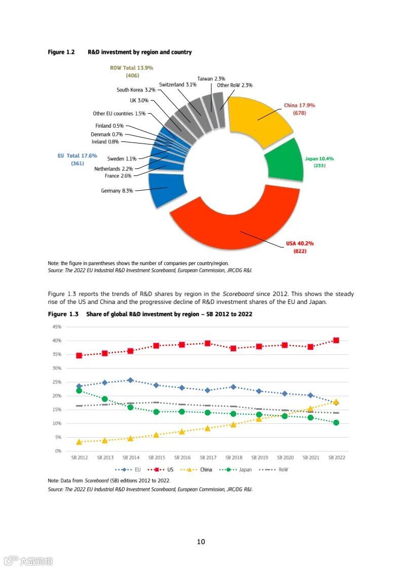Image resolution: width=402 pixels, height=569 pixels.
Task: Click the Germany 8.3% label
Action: [117, 191]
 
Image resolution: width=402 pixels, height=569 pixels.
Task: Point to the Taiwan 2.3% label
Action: [211, 79]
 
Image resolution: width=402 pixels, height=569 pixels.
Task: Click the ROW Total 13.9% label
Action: [131, 67]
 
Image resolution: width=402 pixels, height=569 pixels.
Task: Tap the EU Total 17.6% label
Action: [78, 156]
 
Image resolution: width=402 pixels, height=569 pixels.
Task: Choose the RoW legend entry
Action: [283, 470]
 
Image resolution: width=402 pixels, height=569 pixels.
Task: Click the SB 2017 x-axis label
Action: [208, 457]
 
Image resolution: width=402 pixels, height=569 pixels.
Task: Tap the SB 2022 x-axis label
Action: [336, 457]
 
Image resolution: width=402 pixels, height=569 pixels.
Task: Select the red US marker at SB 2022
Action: [336, 340]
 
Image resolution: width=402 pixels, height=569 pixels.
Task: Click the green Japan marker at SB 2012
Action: [79, 390]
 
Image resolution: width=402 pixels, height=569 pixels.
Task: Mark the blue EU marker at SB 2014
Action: [130, 380]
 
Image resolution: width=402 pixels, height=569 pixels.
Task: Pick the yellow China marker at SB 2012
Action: [79, 442]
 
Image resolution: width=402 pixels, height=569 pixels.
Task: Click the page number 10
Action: [201, 542]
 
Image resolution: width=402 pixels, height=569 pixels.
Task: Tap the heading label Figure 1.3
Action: [63, 314]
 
